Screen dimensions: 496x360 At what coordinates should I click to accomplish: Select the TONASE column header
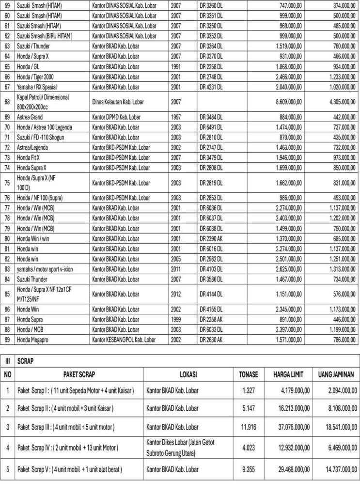click(x=248, y=374)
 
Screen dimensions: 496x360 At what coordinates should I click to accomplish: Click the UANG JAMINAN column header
click(x=336, y=374)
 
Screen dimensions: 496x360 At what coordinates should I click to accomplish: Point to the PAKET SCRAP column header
click(x=80, y=374)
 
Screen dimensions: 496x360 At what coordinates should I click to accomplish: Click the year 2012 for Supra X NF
click(x=176, y=293)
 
